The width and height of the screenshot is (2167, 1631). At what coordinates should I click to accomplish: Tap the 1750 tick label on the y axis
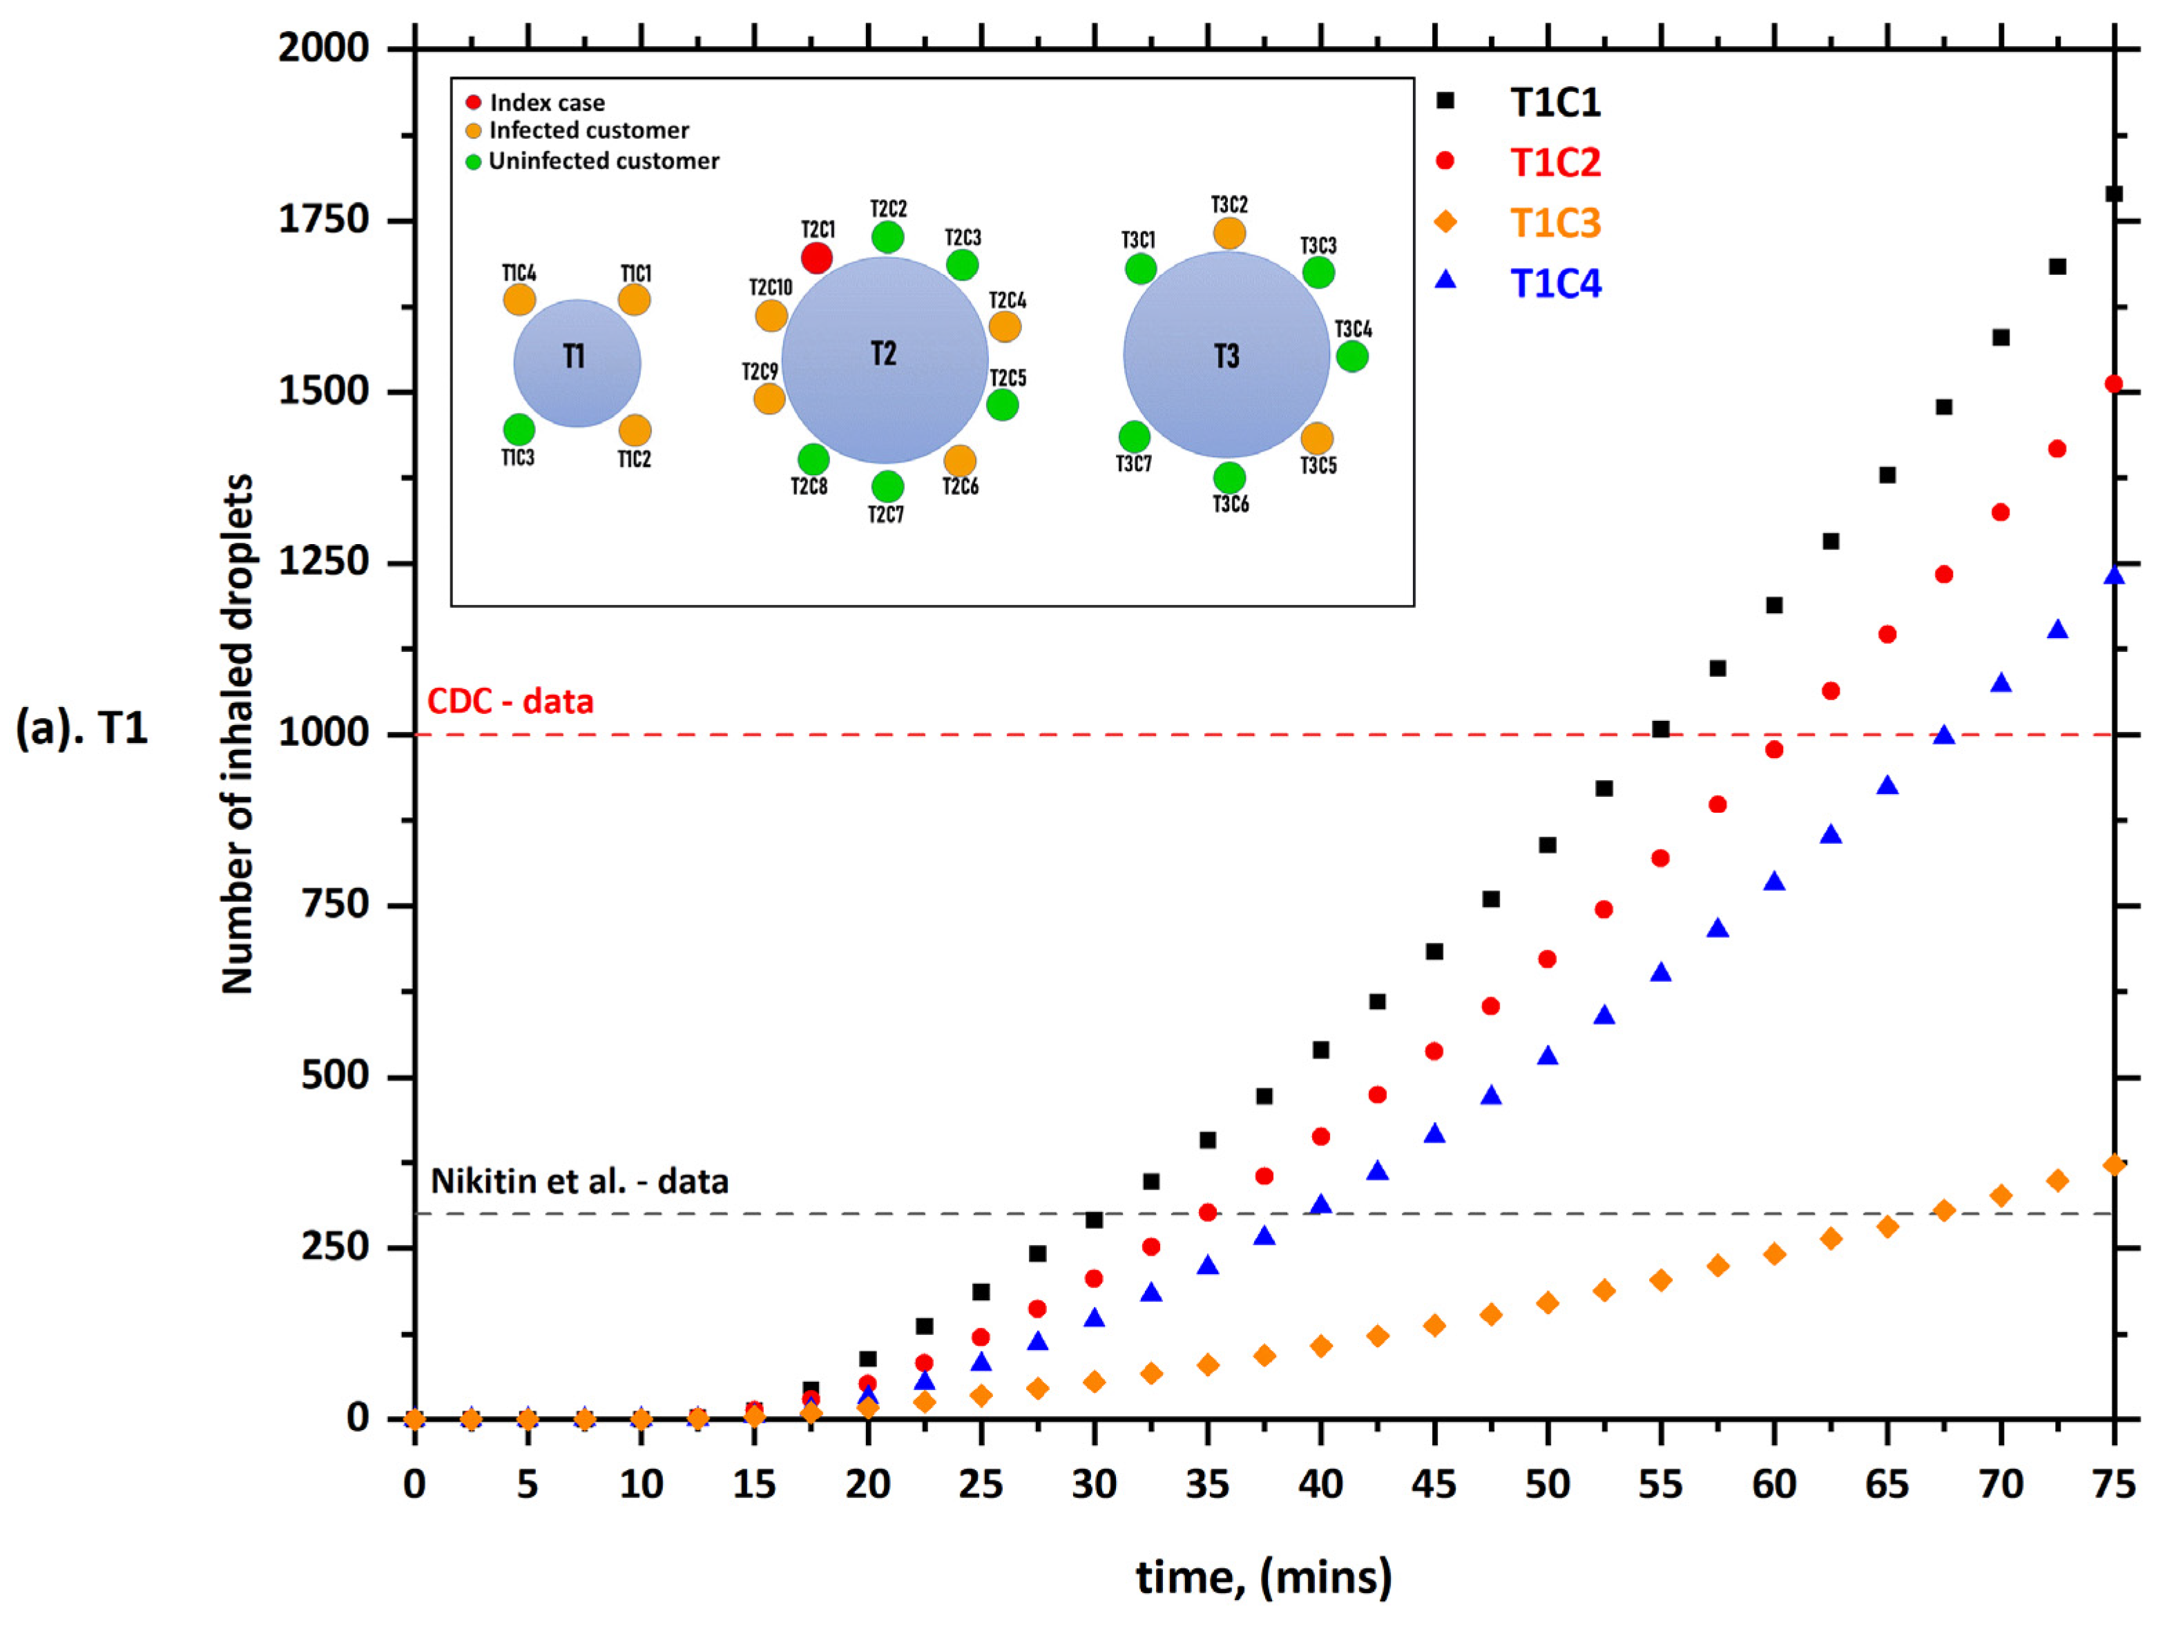point(323,220)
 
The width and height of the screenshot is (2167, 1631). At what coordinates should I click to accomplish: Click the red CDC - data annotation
point(510,702)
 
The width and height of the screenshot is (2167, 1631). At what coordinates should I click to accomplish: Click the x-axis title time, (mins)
point(1264,1577)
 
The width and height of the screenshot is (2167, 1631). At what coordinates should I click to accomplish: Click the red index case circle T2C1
point(816,259)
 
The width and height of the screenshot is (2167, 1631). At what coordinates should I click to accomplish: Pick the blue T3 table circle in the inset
point(1226,355)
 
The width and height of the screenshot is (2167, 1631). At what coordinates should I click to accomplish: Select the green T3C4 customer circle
point(1352,356)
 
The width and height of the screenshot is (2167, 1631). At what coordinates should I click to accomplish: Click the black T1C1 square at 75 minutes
point(2114,194)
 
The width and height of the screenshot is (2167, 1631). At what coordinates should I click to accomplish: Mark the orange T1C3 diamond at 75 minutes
point(2114,1165)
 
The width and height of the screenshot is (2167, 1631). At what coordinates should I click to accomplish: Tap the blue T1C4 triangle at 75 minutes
point(2114,576)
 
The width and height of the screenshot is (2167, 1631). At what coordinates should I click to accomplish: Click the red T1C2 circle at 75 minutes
point(2114,384)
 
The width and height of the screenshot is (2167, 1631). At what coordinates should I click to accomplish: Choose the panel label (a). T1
point(82,728)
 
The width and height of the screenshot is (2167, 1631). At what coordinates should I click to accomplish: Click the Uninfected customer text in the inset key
point(604,161)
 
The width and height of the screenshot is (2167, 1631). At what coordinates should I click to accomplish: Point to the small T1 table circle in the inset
point(577,363)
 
